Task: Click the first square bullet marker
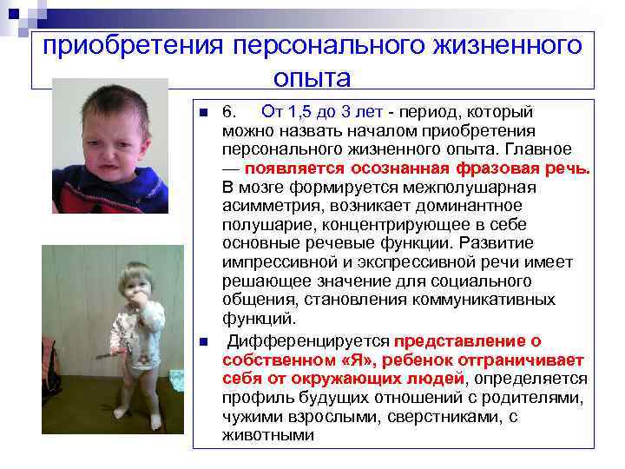[201, 113]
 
